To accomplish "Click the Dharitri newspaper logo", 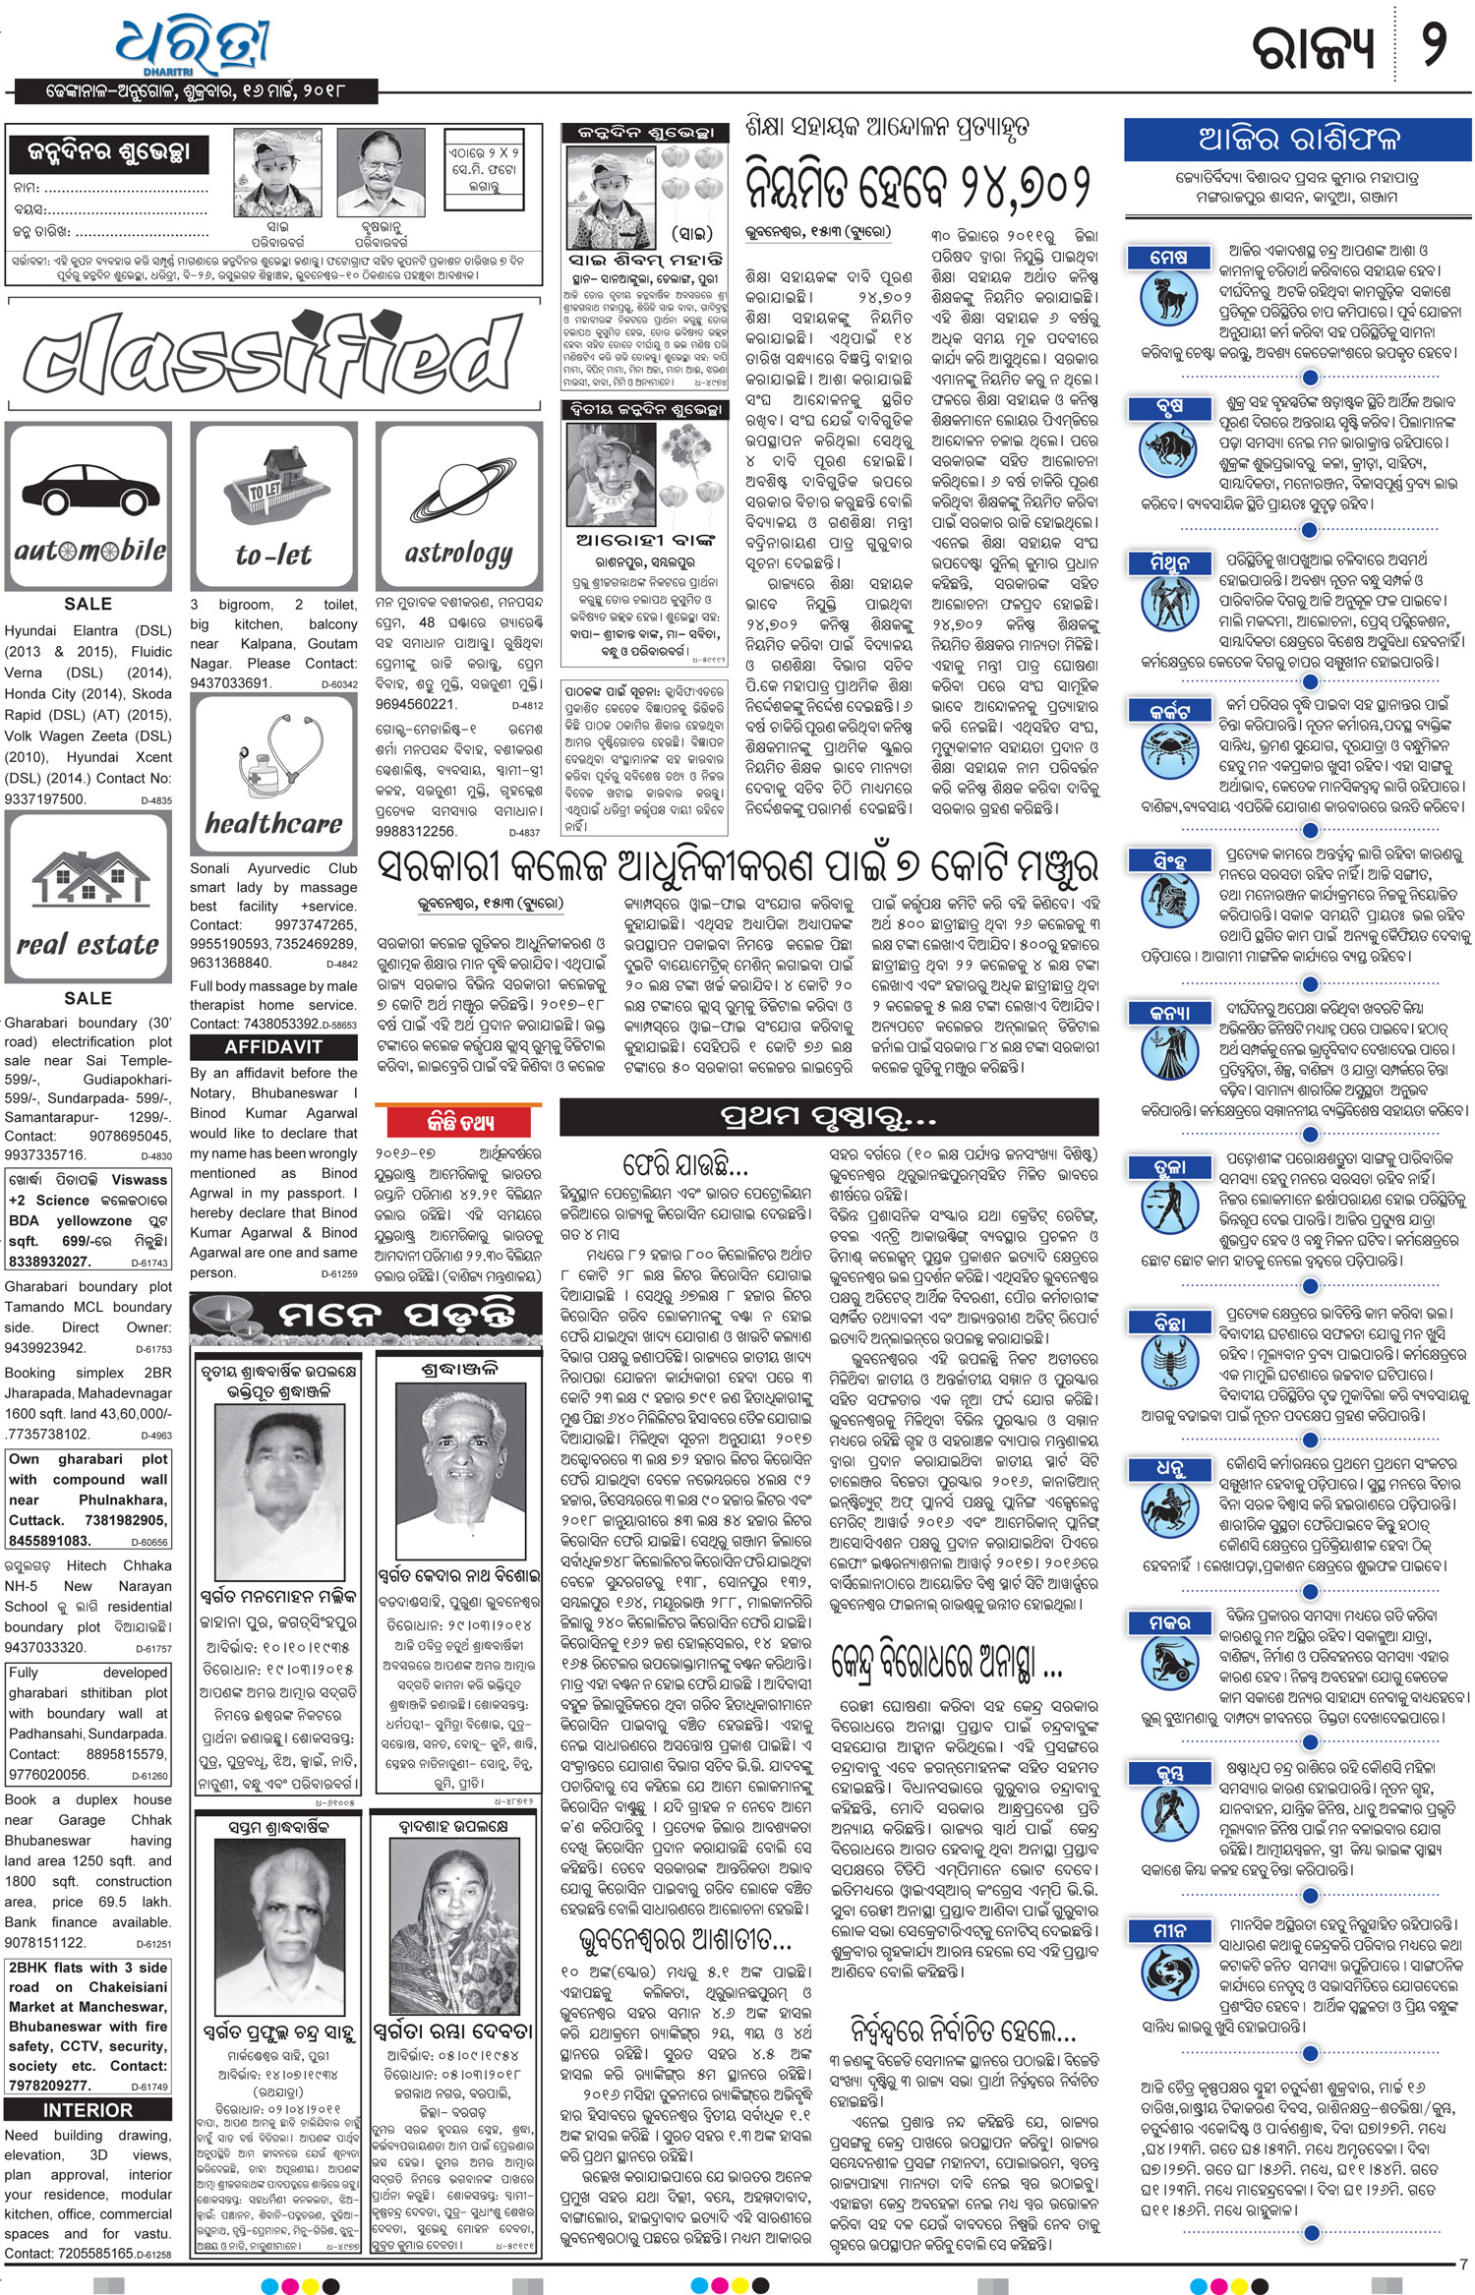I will [x=193, y=46].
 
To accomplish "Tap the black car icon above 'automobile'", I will [x=89, y=488].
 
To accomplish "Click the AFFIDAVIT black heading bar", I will [x=273, y=1047].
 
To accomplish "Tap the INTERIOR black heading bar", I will [x=88, y=2110].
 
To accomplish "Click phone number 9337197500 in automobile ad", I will [x=44, y=799].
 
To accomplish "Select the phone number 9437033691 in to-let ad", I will [x=229, y=683].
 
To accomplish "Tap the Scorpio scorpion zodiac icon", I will [x=1169, y=1362].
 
